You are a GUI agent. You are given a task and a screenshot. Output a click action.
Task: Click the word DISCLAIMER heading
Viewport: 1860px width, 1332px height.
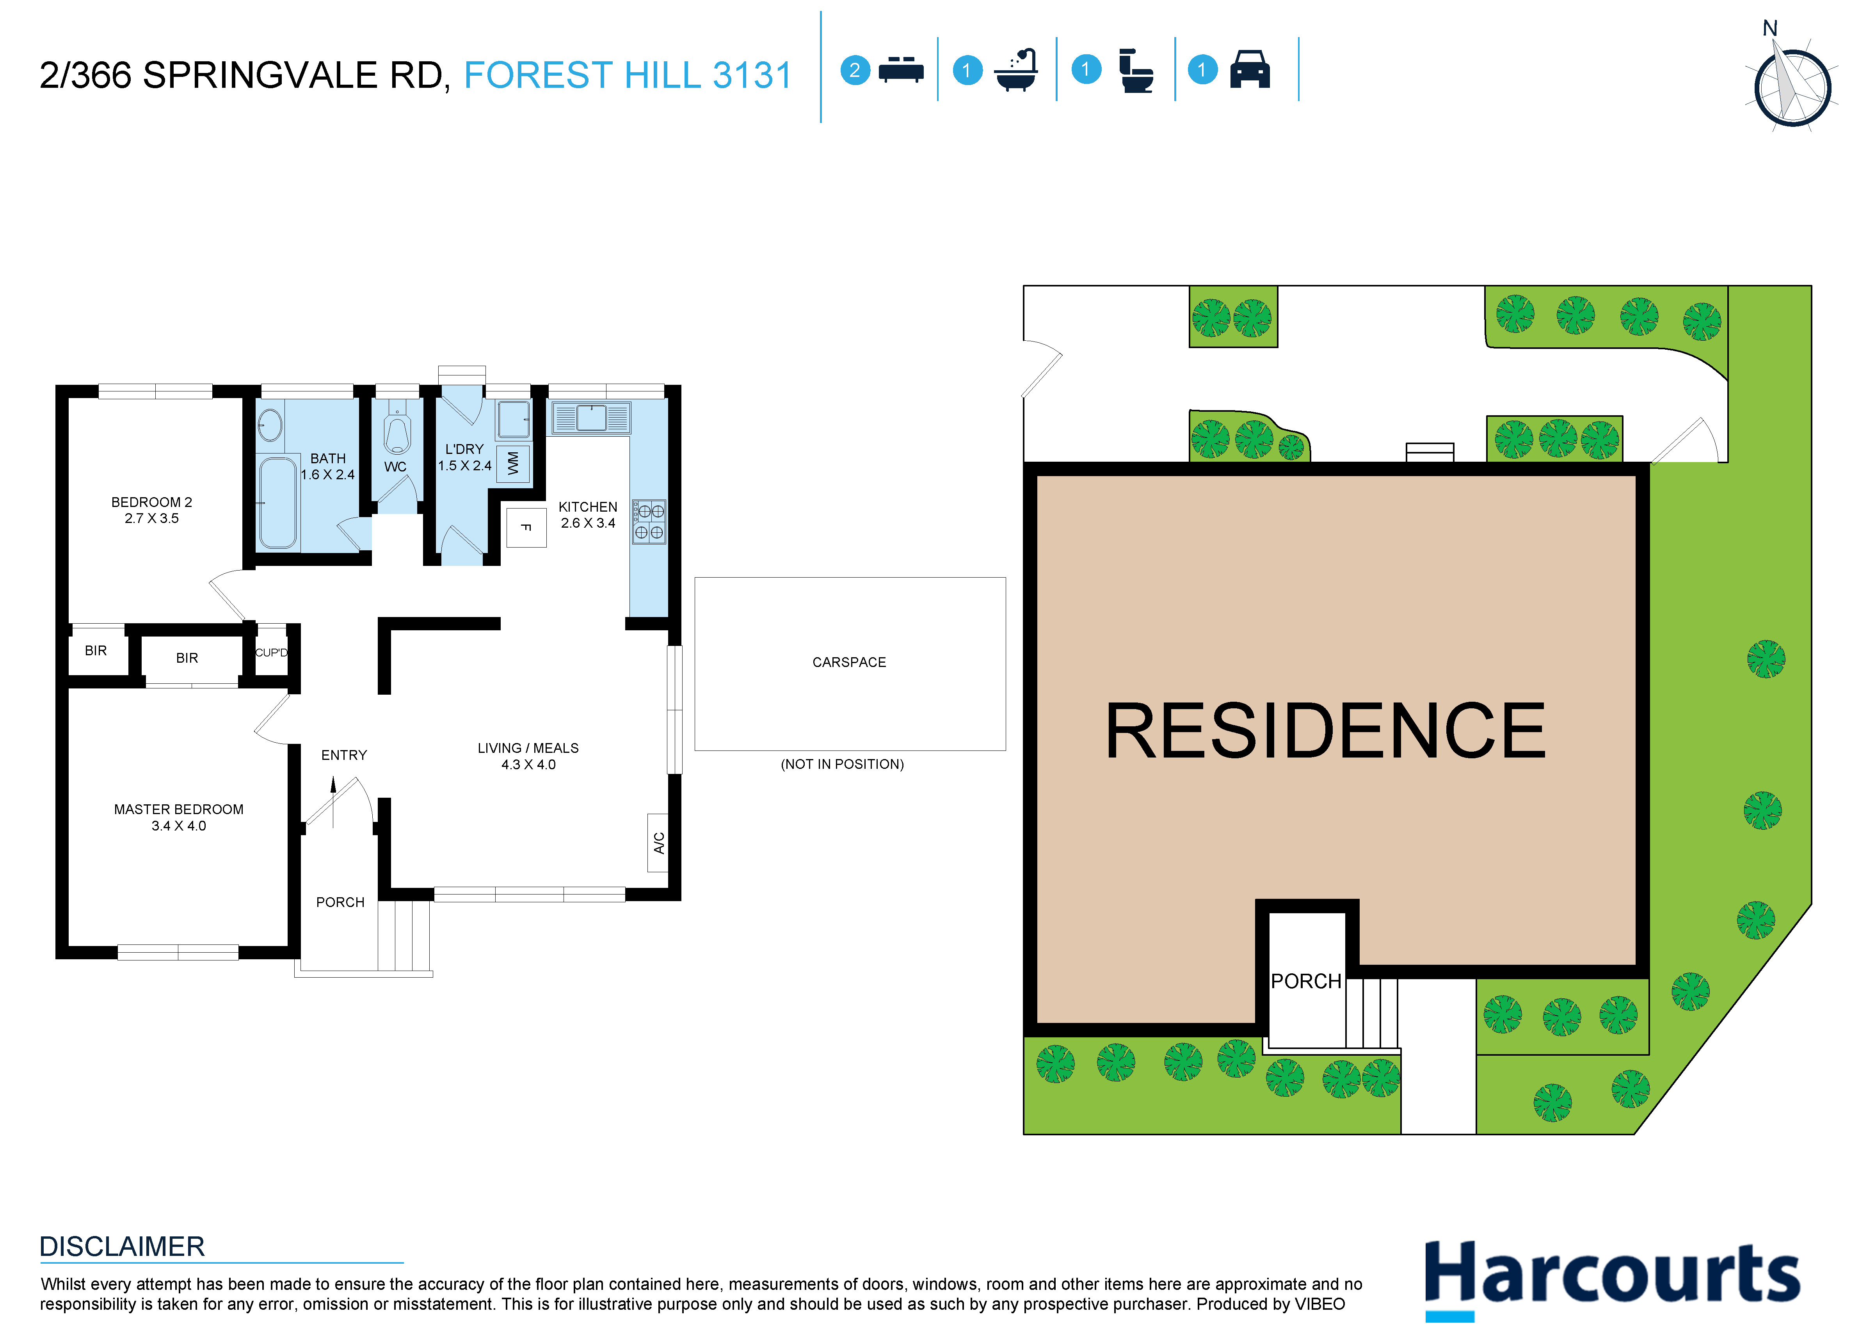pyautogui.click(x=122, y=1247)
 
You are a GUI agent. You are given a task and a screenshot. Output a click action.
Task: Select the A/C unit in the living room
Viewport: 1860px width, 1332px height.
pyautogui.click(x=658, y=842)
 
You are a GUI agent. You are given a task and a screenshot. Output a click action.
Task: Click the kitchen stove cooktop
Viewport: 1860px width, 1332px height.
pyautogui.click(x=649, y=522)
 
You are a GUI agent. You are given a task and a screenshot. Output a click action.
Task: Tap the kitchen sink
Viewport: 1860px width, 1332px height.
pyautogui.click(x=590, y=418)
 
